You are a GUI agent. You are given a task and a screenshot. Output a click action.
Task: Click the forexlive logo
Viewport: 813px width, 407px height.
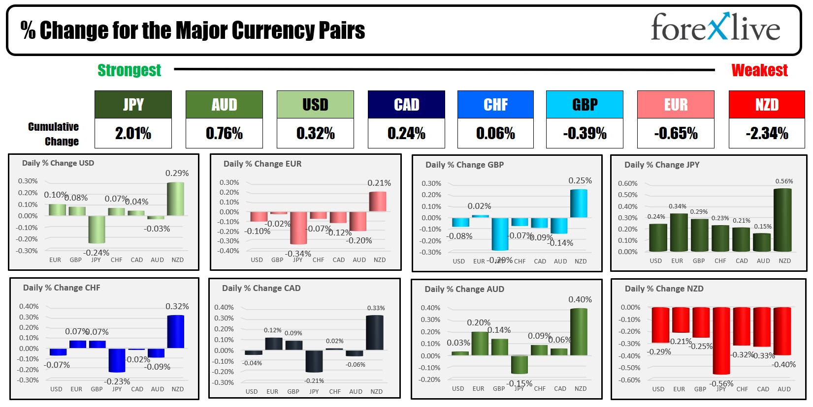pos(715,28)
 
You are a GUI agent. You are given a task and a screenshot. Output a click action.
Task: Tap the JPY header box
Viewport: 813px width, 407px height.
pos(133,104)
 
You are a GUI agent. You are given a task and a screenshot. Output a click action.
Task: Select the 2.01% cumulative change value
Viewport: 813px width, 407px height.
pos(133,133)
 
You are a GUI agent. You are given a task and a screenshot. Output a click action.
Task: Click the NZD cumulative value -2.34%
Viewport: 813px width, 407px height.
pos(767,133)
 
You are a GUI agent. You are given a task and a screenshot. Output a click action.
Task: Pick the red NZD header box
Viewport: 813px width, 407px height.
pos(767,104)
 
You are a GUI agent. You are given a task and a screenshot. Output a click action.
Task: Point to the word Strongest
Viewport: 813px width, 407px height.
pos(129,70)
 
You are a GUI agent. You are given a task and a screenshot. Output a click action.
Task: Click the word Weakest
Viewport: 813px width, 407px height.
pos(759,70)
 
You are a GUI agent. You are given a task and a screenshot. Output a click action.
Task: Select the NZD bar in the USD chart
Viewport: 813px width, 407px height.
pos(176,199)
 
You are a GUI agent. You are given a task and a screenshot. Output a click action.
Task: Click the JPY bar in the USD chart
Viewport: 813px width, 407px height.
pos(97,230)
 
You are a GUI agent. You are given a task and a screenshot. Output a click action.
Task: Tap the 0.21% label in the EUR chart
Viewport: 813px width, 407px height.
pos(379,183)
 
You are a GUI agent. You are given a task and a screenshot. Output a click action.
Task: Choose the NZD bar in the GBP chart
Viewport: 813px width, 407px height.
pos(579,203)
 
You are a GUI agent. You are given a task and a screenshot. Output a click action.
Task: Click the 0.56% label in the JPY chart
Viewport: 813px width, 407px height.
pos(784,181)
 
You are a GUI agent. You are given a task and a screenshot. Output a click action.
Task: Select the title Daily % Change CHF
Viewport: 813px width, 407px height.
pos(62,288)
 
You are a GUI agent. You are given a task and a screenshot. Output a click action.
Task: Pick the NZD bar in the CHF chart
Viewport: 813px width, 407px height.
pos(176,332)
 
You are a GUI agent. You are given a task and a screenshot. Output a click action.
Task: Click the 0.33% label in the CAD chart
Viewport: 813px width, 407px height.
pos(376,308)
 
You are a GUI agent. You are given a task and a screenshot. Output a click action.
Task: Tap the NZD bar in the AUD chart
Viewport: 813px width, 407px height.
pos(579,332)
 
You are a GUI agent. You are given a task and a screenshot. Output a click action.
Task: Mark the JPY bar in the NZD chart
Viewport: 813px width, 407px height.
pos(721,341)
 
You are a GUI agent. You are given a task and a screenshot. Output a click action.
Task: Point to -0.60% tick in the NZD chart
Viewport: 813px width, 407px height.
pos(630,380)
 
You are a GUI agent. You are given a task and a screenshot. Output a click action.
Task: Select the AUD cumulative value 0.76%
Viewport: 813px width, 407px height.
pos(224,133)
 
